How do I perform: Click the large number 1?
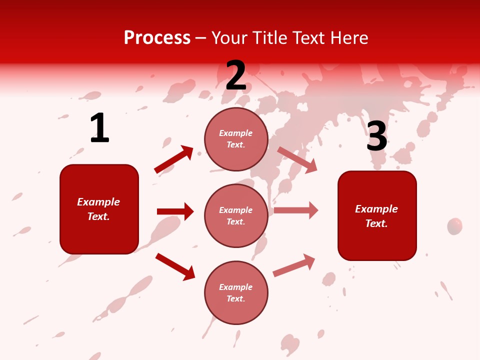[99, 128]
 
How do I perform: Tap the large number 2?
[236, 75]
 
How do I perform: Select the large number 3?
[376, 136]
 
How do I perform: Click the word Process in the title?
[157, 37]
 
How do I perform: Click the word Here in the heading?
[348, 37]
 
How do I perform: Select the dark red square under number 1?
[99, 209]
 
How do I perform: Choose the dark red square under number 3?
[377, 215]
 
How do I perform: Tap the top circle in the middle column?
[236, 139]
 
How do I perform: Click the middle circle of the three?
[236, 215]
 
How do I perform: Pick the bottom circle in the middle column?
[236, 292]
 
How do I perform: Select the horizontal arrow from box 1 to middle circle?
[175, 211]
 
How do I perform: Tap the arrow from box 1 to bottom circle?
[175, 266]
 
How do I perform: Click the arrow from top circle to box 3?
[297, 160]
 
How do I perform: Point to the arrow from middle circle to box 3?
[296, 210]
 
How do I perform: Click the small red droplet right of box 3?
[454, 226]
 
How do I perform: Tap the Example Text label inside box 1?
[98, 209]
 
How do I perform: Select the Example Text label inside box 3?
[376, 216]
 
